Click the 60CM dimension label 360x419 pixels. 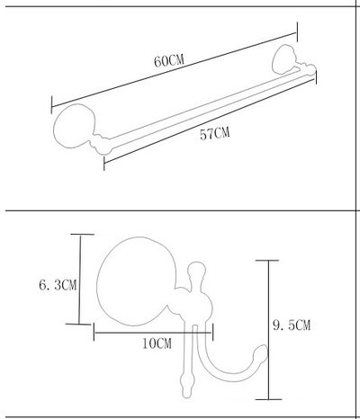coord(169,61)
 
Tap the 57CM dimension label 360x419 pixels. coord(215,133)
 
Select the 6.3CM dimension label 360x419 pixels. coord(58,284)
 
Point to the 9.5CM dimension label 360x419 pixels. coord(292,325)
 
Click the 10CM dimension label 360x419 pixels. coord(157,343)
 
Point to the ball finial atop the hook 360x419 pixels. coord(197,269)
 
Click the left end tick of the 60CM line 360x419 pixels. coord(51,105)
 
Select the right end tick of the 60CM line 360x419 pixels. coord(297,31)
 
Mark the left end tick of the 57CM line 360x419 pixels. coord(104,163)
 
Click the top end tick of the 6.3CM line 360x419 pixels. coord(83,235)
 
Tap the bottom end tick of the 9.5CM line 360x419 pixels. coord(269,399)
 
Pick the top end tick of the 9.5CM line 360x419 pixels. coord(267,261)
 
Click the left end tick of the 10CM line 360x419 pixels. coord(94,332)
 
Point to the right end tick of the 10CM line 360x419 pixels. coord(212,332)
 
